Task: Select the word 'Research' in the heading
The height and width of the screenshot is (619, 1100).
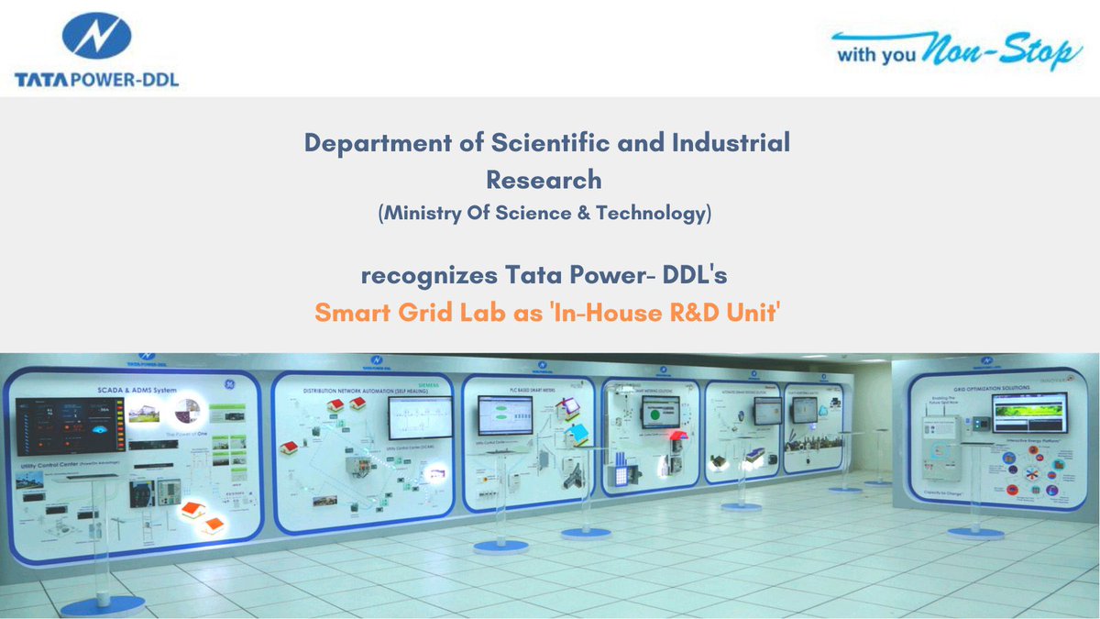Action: pos(544,178)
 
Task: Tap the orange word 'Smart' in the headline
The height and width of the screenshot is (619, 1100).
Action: pos(350,312)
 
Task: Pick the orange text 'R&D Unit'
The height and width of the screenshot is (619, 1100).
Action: pos(731,312)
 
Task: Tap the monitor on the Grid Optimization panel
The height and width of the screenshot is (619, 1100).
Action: pos(1029,413)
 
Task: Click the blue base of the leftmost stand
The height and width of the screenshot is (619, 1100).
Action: pos(103,605)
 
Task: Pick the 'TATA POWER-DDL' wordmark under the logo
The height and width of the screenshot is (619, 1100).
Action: pos(96,81)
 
